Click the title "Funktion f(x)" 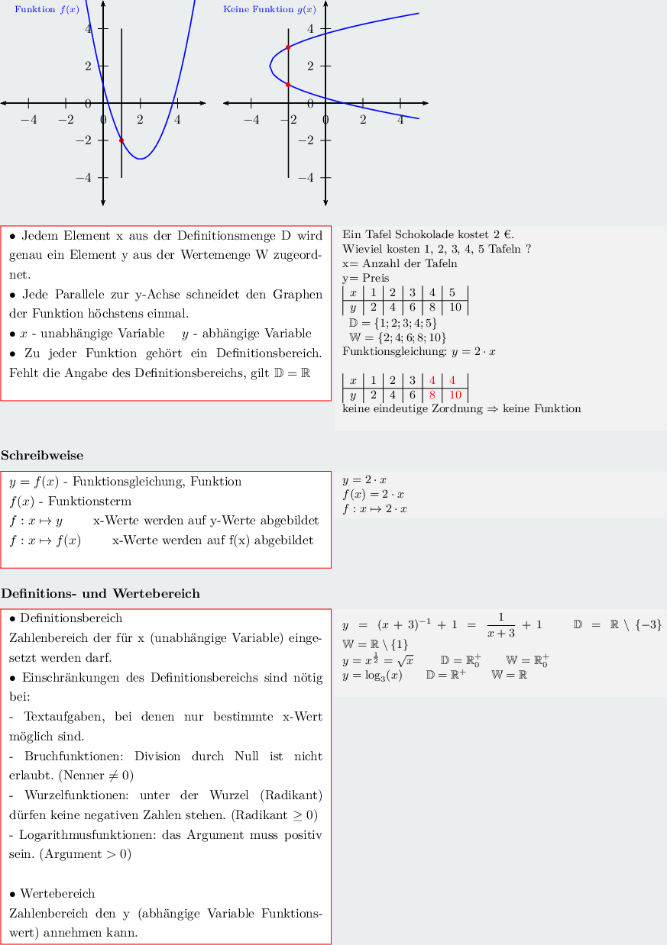(47, 10)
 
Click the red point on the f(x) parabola (121, 140)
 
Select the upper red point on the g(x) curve (288, 47)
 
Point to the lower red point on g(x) (288, 85)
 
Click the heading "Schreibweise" (42, 456)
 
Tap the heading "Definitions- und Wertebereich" (100, 593)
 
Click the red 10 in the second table (455, 395)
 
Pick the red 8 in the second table (432, 395)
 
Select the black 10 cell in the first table (455, 308)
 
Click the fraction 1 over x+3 (500, 624)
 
